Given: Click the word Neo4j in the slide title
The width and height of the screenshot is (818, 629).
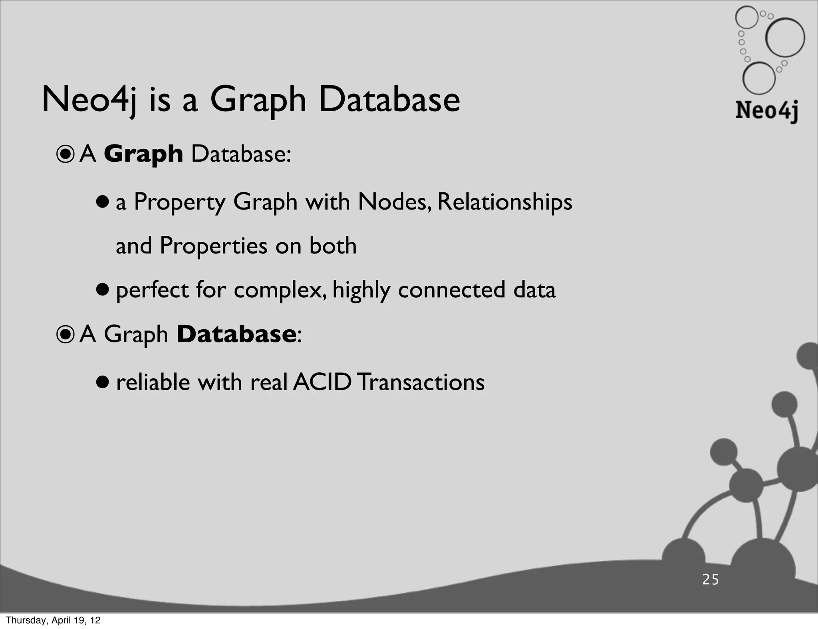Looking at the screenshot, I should point(89,100).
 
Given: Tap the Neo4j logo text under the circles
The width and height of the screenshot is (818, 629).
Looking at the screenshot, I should point(767,111).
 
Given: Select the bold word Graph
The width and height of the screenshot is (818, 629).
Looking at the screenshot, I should point(143,154).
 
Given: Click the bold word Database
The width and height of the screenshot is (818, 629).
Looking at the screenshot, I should point(236,334).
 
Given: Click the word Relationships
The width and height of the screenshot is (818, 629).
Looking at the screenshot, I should point(504,202).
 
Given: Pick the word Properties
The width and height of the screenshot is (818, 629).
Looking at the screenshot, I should point(213,245).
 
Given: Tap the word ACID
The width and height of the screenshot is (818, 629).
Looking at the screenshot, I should point(322,382).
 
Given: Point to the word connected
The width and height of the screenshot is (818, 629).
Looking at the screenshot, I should point(451,290).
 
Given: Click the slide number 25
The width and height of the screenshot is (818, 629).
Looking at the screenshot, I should point(711,580).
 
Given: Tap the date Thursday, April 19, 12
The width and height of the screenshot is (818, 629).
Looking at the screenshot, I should point(53,620).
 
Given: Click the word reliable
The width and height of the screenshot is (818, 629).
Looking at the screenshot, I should point(153,382).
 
